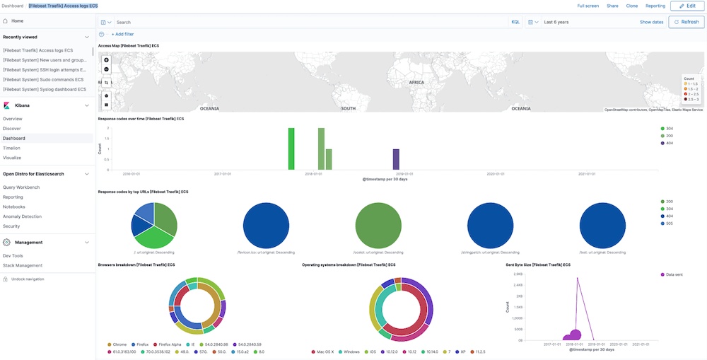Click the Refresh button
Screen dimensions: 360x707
[686, 22]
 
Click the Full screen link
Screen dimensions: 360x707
[588, 6]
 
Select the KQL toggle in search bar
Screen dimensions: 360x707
[515, 22]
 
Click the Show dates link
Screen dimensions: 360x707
[651, 22]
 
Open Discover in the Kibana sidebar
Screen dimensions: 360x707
[12, 129]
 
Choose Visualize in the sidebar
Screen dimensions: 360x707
[12, 158]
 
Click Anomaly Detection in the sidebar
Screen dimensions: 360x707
[22, 216]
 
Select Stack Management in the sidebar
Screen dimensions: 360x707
[23, 265]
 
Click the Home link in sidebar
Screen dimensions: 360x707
[17, 21]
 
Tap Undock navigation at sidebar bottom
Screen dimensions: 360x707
[27, 279]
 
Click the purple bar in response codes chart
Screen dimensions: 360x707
[396, 159]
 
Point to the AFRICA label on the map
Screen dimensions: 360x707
[416, 83]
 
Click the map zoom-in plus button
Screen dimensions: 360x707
[106, 60]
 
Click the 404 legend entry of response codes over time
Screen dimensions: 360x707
[668, 143]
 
